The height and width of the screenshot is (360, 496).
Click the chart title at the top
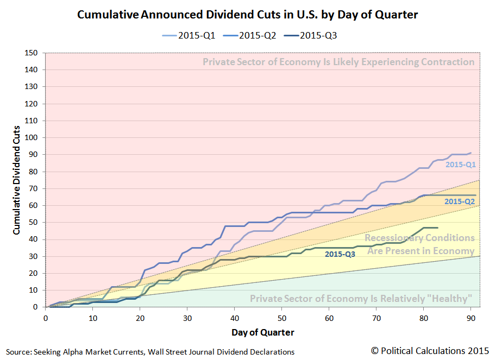coord(248,15)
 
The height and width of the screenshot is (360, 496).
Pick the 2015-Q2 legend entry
coord(253,35)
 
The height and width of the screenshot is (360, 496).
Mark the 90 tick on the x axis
coord(470,317)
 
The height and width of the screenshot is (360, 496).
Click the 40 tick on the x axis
coord(234,317)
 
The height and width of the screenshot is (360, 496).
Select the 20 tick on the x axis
coord(140,317)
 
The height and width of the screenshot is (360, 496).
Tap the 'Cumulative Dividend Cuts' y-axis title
coord(17,180)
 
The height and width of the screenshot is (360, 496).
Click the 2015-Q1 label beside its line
coord(461,164)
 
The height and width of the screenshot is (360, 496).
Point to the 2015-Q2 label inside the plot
coord(460,201)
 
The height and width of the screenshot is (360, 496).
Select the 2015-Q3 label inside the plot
coord(340,254)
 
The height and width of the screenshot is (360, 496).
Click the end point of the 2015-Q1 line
coord(470,153)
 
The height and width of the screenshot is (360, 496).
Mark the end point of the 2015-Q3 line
coord(437,228)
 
